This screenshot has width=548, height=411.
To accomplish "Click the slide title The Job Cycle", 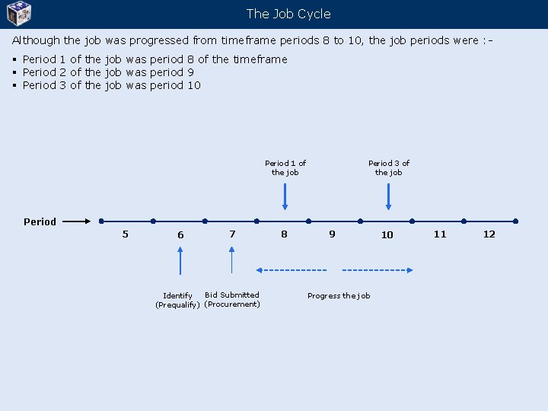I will pyautogui.click(x=288, y=14).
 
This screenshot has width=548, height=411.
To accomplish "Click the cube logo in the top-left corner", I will pyautogui.click(x=18, y=13).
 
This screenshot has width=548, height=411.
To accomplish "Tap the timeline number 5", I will pyautogui.click(x=126, y=234).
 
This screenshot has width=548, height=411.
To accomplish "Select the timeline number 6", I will pyautogui.click(x=180, y=234).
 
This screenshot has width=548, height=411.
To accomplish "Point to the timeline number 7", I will pyautogui.click(x=232, y=234).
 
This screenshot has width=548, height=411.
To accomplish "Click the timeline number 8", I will pyautogui.click(x=284, y=234).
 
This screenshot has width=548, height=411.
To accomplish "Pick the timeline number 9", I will pyautogui.click(x=332, y=234).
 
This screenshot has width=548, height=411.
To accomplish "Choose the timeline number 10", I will pyautogui.click(x=387, y=234).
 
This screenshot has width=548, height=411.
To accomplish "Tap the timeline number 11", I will pyautogui.click(x=440, y=234).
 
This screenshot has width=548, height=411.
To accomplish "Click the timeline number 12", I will pyautogui.click(x=489, y=234).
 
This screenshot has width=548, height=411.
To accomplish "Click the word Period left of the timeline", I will pyautogui.click(x=40, y=222).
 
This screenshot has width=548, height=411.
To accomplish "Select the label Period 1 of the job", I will pyautogui.click(x=285, y=167).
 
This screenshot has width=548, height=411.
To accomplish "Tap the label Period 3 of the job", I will pyautogui.click(x=389, y=167).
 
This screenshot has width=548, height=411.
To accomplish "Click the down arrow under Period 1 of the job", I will pyautogui.click(x=285, y=196).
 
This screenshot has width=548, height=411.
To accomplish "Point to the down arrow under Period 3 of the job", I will pyautogui.click(x=389, y=196).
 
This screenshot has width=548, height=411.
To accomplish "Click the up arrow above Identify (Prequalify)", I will pyautogui.click(x=180, y=260).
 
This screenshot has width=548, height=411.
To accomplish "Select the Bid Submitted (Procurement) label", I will pyautogui.click(x=232, y=299).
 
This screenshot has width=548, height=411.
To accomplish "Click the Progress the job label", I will pyautogui.click(x=339, y=295).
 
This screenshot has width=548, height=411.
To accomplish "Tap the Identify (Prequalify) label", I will pyautogui.click(x=177, y=300).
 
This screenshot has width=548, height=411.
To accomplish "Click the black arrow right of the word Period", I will pyautogui.click(x=75, y=221).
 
